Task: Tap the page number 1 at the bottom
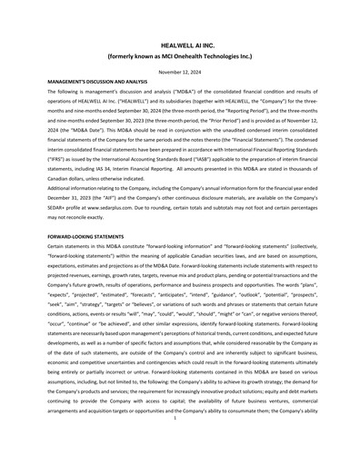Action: (x=180, y=445)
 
